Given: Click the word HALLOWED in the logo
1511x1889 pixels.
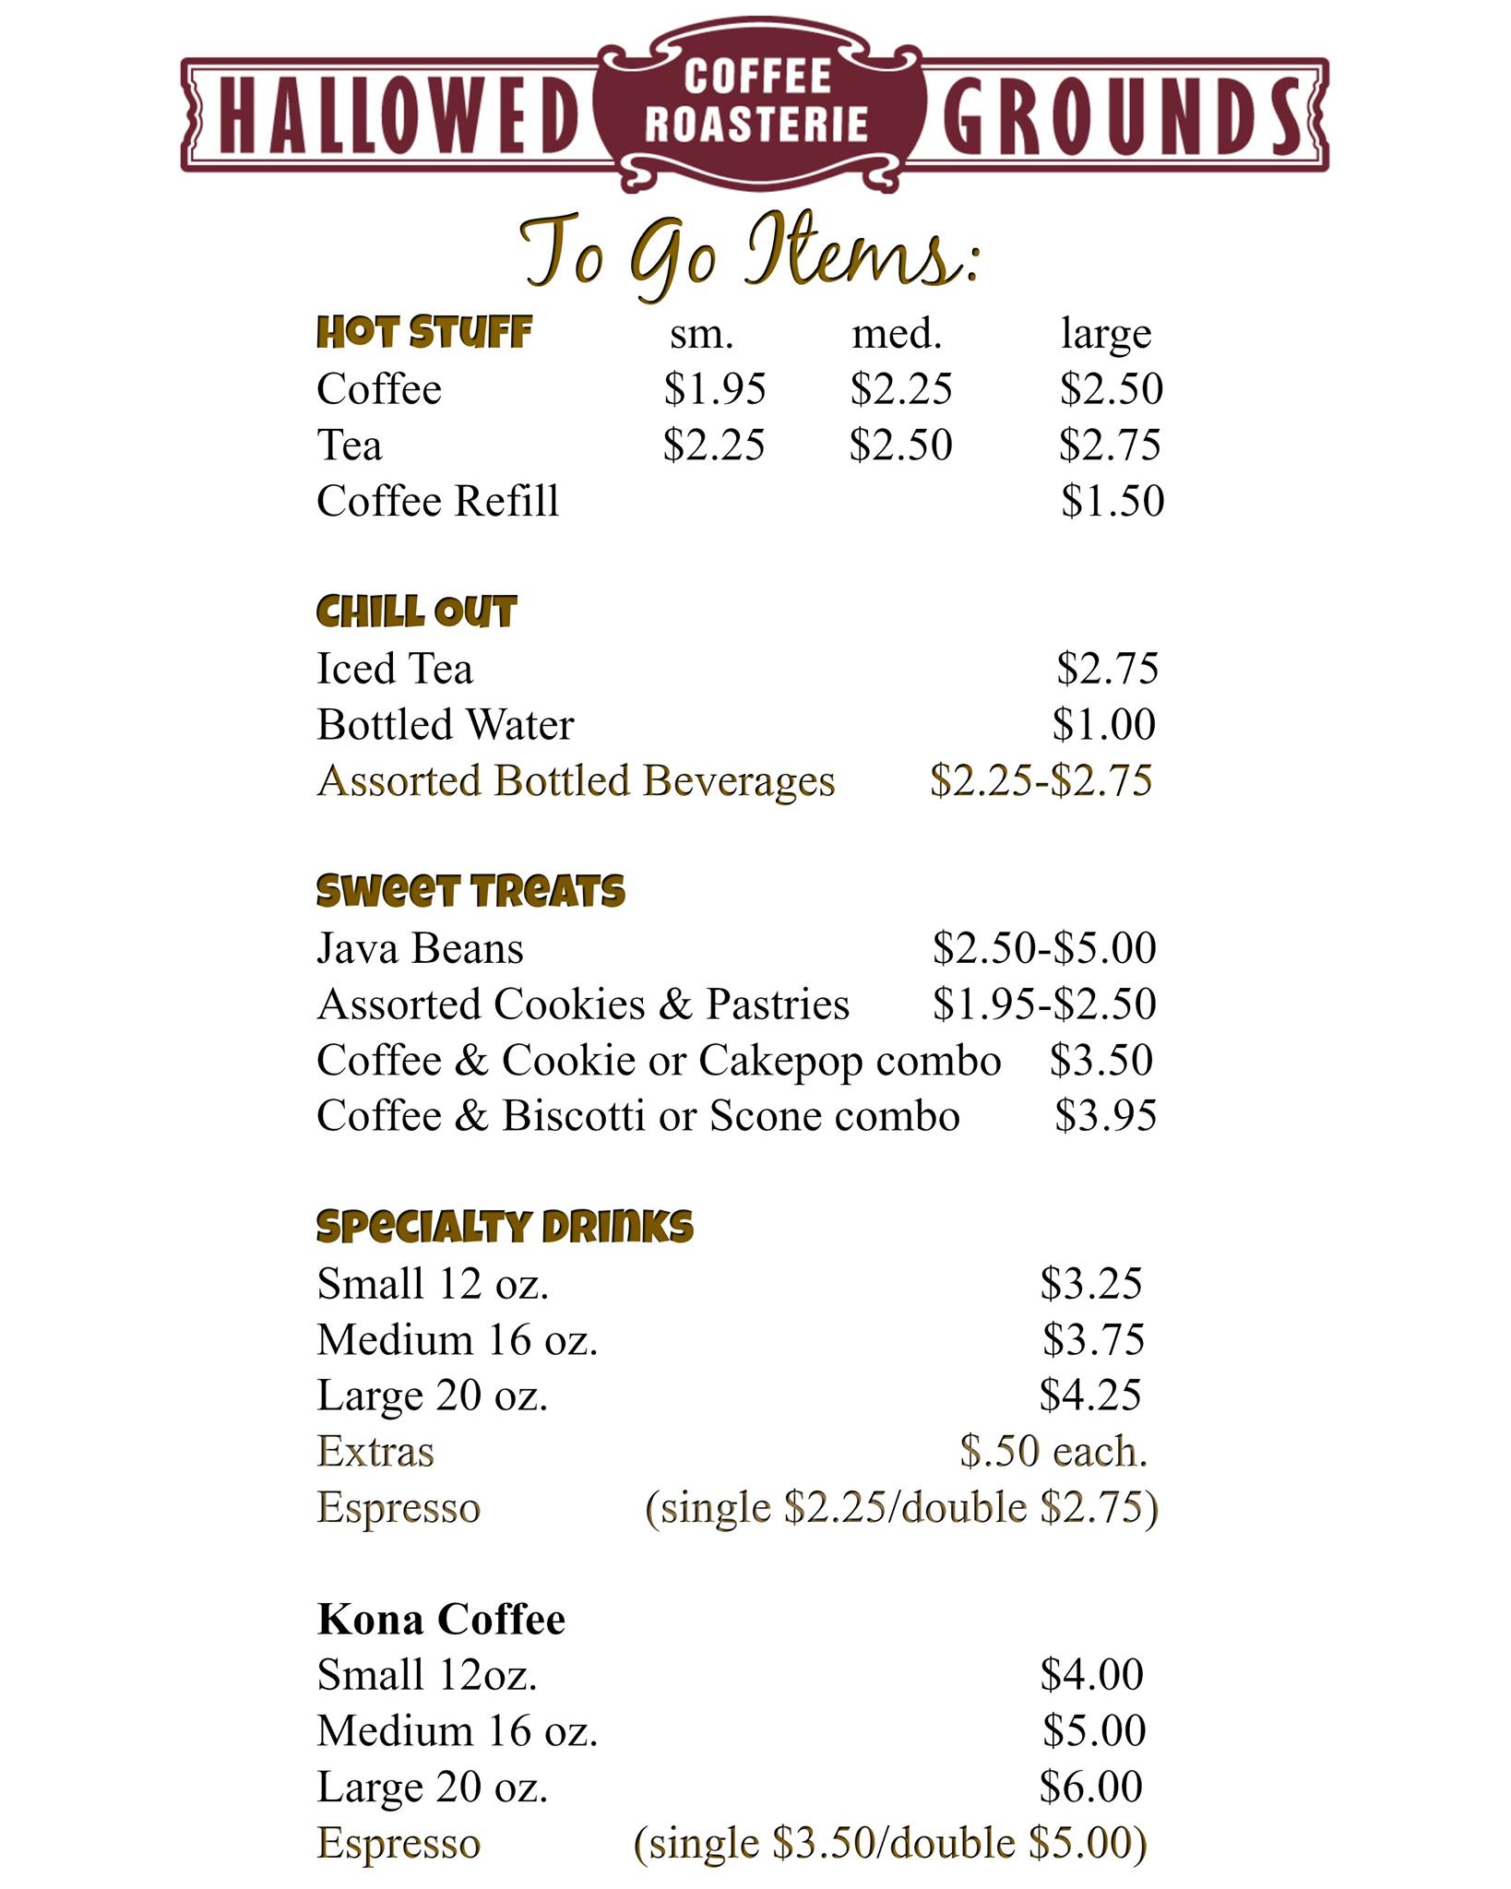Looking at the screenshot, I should [x=397, y=116].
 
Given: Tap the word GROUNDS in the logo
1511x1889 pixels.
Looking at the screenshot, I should [x=1120, y=116].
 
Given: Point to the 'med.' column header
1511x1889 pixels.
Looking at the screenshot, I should [x=897, y=334].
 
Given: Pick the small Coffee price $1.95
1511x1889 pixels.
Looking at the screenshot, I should [x=715, y=389].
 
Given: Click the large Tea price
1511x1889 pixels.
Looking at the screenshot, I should [x=1110, y=446].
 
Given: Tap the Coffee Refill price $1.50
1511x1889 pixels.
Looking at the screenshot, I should [x=1112, y=502].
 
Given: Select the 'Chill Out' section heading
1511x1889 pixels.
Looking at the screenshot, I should [x=416, y=612].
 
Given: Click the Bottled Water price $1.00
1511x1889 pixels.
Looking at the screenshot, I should [x=1104, y=725].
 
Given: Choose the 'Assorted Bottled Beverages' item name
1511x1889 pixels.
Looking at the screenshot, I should [x=576, y=781].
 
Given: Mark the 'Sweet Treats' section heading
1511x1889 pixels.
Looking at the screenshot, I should [x=470, y=892].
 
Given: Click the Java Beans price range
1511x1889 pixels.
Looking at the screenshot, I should [x=1044, y=948].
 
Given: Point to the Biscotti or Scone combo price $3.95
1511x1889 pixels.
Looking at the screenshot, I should [x=1105, y=1116].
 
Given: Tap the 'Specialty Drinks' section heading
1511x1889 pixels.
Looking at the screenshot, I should [x=505, y=1228].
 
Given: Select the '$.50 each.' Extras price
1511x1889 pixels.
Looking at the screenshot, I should [x=1053, y=1452].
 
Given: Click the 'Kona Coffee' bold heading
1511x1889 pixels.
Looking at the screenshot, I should [x=441, y=1620].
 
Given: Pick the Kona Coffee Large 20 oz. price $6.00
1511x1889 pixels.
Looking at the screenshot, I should [x=1091, y=1788].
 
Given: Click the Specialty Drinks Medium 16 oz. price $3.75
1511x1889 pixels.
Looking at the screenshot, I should [x=1094, y=1340].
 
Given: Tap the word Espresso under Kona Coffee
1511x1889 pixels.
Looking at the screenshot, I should [x=399, y=1844].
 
